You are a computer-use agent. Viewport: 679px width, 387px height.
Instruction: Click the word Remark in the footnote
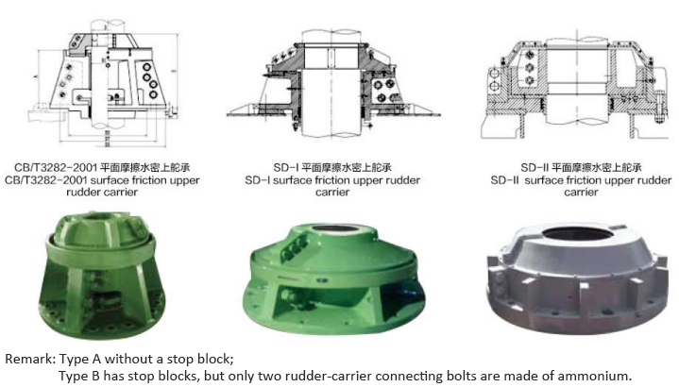point(29,359)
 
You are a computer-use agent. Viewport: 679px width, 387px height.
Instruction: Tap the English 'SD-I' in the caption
point(262,179)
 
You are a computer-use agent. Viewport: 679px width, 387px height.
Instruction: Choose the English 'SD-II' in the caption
point(493,179)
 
